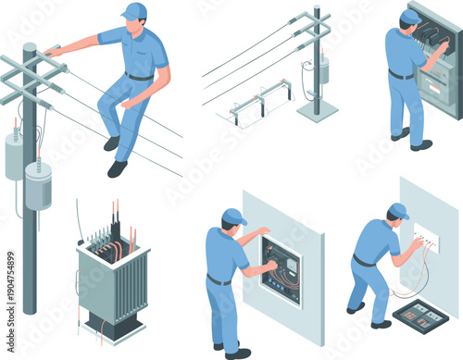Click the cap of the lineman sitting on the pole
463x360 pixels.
(x=135, y=10)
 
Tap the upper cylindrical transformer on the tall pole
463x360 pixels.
(x=14, y=155)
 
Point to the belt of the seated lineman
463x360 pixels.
(x=140, y=77)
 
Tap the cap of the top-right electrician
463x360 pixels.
(x=409, y=17)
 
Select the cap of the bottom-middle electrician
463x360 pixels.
(x=233, y=217)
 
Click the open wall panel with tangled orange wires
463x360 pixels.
(x=282, y=269)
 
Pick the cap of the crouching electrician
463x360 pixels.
(x=398, y=210)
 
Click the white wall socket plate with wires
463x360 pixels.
(x=427, y=242)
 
